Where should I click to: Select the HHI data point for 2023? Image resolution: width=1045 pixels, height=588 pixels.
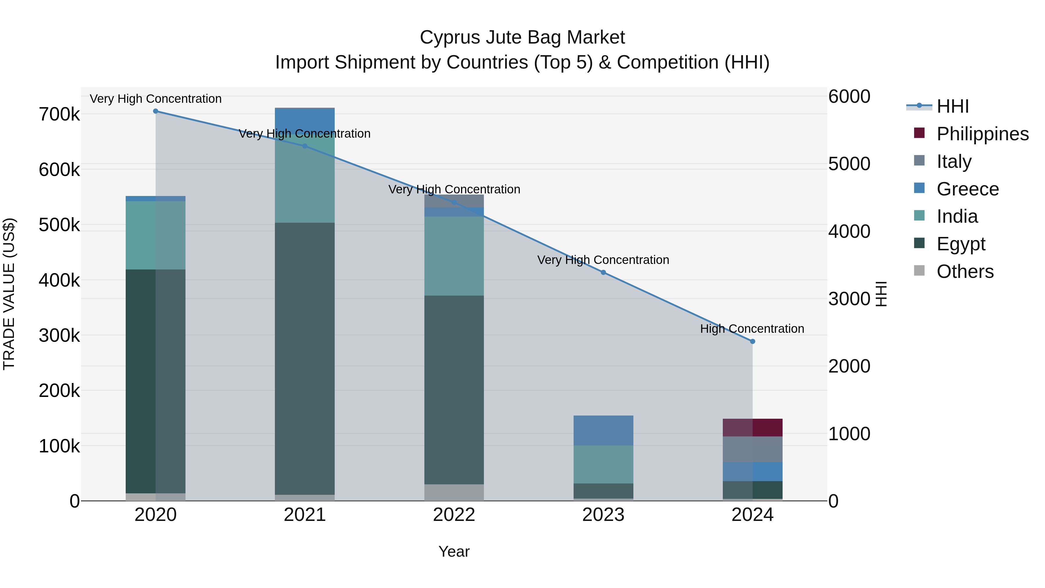pos(603,273)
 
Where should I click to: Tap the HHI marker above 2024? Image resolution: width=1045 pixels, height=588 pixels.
pos(752,342)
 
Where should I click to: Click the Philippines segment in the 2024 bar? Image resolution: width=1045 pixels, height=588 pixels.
pos(752,428)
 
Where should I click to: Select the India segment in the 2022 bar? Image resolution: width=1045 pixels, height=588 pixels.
pos(454,256)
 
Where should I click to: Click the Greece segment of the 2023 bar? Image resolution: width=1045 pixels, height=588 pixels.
pos(603,431)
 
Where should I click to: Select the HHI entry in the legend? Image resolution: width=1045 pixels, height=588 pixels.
pos(952,106)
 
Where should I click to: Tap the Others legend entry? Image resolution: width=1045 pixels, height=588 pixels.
pos(965,271)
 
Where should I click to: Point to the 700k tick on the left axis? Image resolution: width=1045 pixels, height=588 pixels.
pos(59,115)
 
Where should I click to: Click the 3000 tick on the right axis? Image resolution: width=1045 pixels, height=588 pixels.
pos(849,299)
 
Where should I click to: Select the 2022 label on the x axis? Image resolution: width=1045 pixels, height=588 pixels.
pos(454,515)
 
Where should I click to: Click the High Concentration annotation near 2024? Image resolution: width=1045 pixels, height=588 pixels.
pos(752,329)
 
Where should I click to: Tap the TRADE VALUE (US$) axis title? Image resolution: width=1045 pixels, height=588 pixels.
pos(9,294)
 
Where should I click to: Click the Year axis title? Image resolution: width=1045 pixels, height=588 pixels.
pos(454,551)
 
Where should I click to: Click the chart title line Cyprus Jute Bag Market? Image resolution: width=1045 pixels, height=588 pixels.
pos(522,37)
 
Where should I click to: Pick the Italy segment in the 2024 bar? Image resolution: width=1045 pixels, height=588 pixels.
pos(752,449)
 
